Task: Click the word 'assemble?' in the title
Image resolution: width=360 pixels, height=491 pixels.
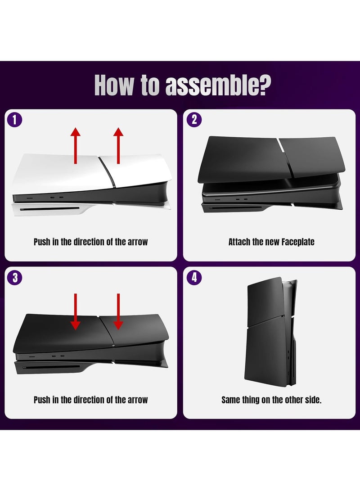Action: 218,86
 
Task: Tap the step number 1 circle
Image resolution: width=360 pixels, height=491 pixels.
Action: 14,120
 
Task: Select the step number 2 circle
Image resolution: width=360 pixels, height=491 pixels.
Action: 194,120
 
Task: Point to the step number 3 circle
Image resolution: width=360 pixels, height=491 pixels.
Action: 14,277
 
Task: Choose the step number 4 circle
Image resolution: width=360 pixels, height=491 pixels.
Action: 194,277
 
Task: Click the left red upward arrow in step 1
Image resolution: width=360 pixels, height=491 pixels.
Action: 76,145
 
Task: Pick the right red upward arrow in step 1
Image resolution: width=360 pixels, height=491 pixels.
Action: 118,145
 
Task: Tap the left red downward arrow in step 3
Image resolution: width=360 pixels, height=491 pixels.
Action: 76,311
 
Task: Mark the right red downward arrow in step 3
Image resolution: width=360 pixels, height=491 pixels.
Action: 118,311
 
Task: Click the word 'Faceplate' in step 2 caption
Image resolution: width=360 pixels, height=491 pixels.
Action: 298,242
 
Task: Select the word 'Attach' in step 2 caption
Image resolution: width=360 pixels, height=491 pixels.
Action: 239,242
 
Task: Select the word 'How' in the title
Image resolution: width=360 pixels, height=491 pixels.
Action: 114,85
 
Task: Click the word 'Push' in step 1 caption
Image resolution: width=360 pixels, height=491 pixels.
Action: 42,242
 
